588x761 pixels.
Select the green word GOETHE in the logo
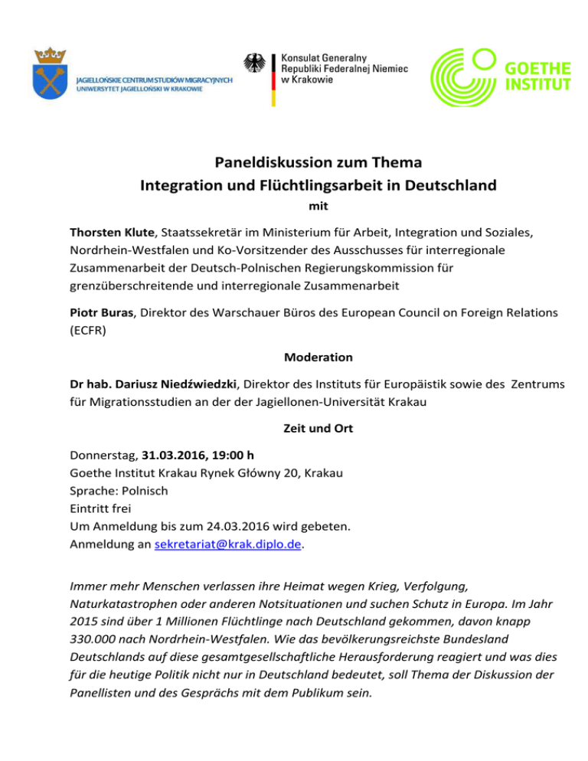point(540,65)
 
